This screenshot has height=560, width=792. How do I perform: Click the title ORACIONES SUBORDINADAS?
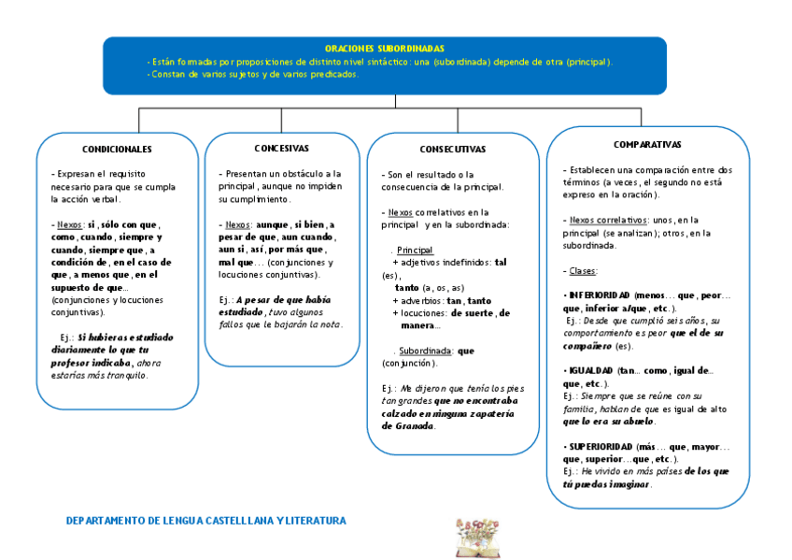pos(385,48)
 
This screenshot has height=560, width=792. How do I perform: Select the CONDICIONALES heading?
pos(117,150)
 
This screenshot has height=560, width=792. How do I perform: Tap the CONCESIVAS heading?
pos(281,149)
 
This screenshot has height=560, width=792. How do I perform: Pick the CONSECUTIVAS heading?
pos(452,150)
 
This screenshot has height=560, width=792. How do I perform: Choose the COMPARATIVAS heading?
pos(647,145)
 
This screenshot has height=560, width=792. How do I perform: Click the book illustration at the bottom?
pos(477,538)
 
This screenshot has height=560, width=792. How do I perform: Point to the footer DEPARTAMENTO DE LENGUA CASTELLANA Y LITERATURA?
pos(205,521)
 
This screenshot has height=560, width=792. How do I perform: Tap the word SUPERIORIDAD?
pos(601,447)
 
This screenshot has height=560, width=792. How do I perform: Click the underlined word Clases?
pos(583,271)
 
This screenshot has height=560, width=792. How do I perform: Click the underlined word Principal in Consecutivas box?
pos(415,251)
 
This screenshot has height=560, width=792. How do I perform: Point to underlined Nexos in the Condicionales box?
pos(68,224)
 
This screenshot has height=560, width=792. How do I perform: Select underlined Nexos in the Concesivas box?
pos(236,225)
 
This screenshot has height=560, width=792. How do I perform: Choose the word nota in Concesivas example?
pos(329,324)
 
